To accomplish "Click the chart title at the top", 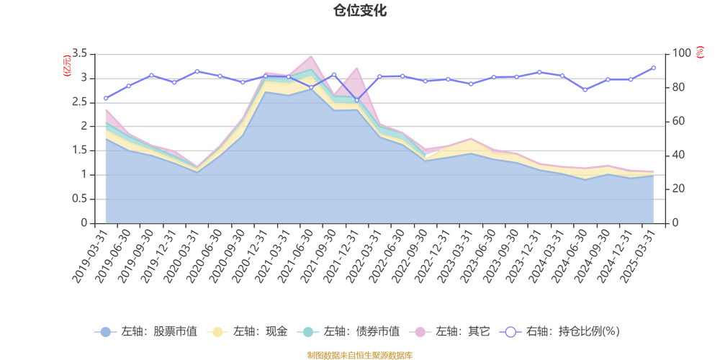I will tap(359, 10).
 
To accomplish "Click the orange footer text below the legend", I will tap(359, 354).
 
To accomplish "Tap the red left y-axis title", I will tap(67, 65).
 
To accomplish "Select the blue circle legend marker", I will tap(106, 332).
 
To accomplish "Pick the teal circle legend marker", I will tap(308, 332).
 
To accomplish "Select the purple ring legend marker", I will tap(510, 332).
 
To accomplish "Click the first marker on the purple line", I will tap(105, 98).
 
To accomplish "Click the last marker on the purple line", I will tap(654, 67).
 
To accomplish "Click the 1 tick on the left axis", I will tap(84, 175).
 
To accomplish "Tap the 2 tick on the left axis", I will tap(84, 127).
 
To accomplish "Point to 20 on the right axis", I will tap(679, 189).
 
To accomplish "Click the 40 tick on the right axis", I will tap(679, 155).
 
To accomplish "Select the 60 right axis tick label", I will tap(679, 121).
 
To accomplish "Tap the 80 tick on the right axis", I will tap(679, 87).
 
